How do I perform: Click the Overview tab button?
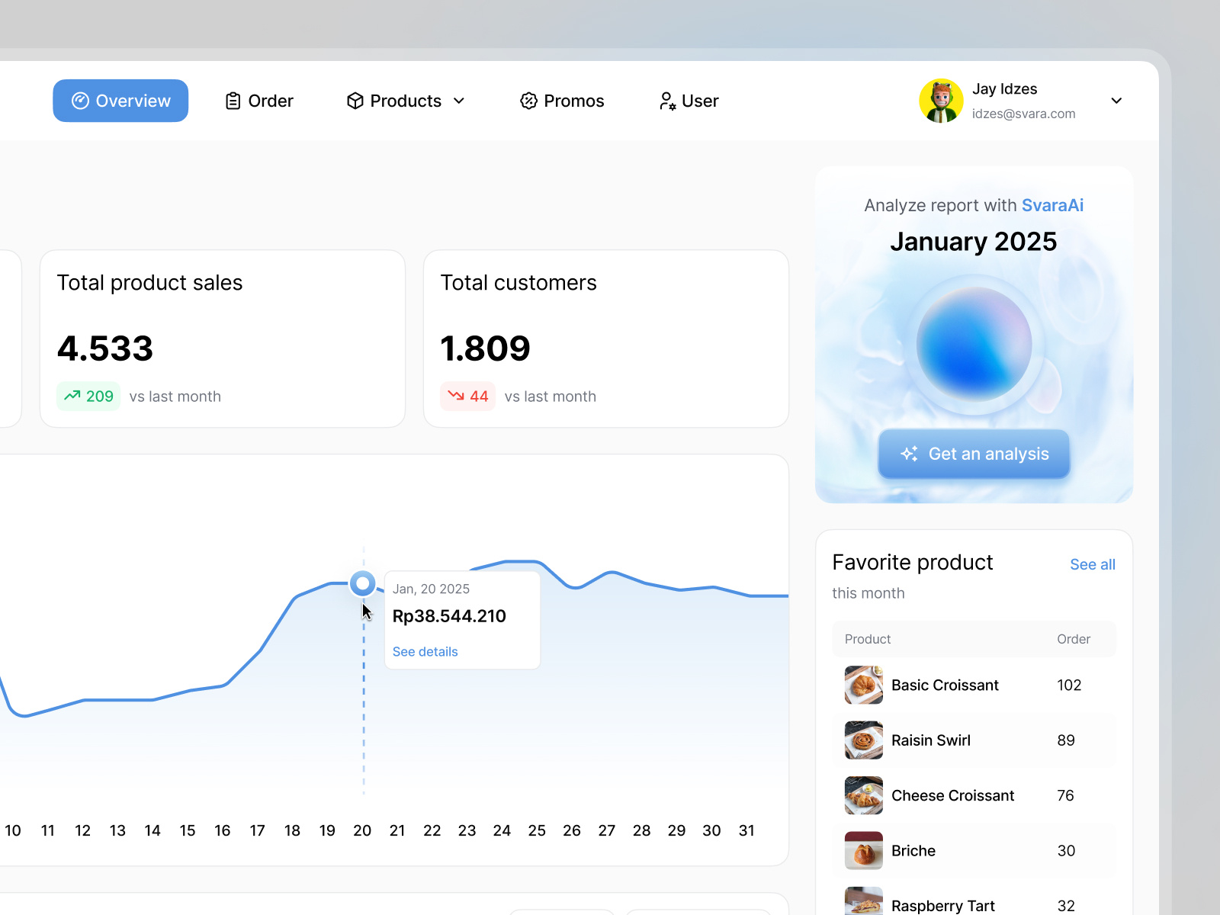click(x=120, y=101)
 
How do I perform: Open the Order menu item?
click(x=259, y=101)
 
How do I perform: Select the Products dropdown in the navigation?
click(x=406, y=101)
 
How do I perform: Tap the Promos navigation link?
click(x=562, y=101)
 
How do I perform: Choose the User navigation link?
click(x=689, y=101)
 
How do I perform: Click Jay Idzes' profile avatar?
click(x=941, y=101)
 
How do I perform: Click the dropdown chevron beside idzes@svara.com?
click(x=1116, y=101)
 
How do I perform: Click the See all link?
click(x=1092, y=564)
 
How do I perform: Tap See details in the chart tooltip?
click(x=425, y=652)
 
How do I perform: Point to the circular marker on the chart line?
click(x=363, y=584)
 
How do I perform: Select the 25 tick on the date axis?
click(x=537, y=830)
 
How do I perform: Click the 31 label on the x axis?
click(x=746, y=830)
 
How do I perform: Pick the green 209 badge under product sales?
click(x=88, y=396)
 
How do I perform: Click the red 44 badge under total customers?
click(x=467, y=396)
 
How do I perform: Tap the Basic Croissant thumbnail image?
click(x=864, y=685)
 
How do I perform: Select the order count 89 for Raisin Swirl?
click(x=1066, y=740)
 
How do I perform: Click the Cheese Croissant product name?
click(x=952, y=795)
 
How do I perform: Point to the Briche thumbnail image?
click(x=864, y=850)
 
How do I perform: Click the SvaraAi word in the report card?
click(x=1052, y=205)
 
